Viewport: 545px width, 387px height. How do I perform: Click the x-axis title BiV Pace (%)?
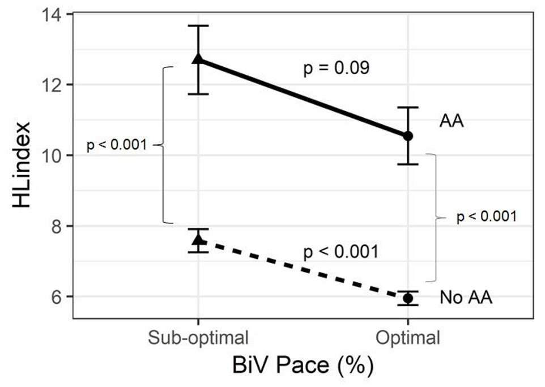pos(303,365)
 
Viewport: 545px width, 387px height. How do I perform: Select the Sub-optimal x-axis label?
pos(198,339)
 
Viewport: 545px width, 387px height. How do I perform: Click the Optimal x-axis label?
pos(408,339)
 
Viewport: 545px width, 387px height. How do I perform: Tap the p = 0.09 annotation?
pos(337,69)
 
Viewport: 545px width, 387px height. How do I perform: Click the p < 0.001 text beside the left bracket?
pos(117,146)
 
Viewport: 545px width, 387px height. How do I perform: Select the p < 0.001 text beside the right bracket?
pos(487,216)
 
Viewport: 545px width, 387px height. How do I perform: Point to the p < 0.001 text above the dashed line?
pos(340,251)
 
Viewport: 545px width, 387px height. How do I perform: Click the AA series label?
pos(452,121)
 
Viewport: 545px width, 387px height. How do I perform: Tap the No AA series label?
pos(466,297)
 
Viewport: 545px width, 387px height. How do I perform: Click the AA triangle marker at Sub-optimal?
pos(198,59)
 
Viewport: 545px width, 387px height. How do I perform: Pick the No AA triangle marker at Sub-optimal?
pos(198,240)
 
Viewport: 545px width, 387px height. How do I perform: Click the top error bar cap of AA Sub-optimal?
pos(198,26)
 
